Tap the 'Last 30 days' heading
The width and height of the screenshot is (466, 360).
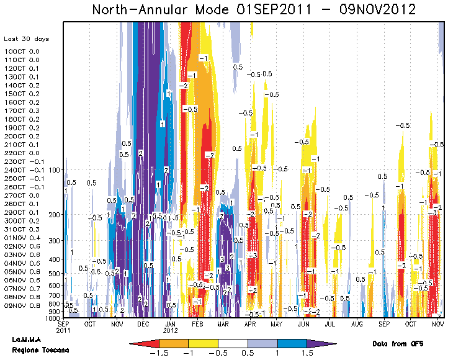click(26, 39)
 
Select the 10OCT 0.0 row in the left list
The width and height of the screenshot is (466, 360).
click(22, 52)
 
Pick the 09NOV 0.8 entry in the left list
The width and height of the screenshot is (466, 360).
click(22, 305)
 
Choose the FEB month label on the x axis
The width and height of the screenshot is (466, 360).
click(197, 324)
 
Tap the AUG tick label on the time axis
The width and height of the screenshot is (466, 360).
click(357, 324)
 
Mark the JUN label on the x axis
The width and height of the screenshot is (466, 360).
click(304, 324)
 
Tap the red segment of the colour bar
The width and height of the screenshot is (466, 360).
click(144, 343)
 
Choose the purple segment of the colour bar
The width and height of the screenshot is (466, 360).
click(321, 343)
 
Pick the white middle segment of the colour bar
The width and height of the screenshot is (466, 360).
click(233, 343)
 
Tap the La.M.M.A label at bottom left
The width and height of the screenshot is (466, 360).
click(27, 340)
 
